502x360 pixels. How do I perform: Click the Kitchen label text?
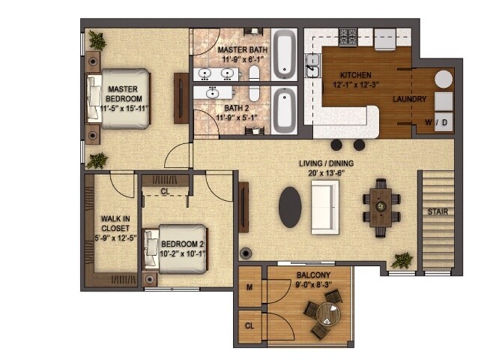355,76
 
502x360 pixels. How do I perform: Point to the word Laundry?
409,99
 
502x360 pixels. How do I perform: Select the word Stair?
438,211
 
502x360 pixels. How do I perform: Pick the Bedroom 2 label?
182,244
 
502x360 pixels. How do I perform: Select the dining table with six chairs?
380,206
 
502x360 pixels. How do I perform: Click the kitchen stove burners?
348,35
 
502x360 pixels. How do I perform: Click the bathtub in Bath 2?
285,110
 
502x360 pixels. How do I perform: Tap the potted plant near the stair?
403,260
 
